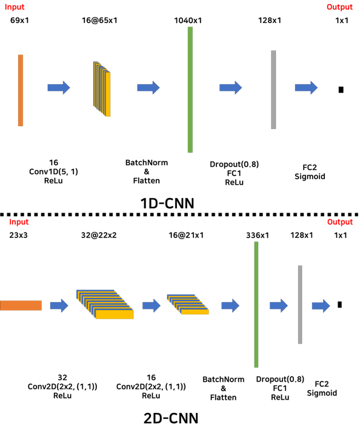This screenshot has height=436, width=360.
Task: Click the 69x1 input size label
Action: pos(19,21)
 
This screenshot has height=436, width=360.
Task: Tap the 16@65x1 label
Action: pos(99,21)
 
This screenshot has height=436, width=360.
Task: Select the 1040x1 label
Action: pos(188,21)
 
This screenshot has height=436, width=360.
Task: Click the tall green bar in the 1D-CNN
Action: pos(190,90)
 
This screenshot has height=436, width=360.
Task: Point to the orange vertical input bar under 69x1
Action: pos(21,90)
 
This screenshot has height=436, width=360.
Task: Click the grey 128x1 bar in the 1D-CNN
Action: pos(273,90)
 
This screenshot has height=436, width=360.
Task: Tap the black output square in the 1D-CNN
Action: pos(341,90)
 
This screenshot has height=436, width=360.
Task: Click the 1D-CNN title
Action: pos(167,203)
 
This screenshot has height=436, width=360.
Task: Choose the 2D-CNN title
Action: pos(171,418)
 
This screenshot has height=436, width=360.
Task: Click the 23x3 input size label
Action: pos(18,235)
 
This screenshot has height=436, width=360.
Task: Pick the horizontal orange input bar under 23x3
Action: pos(21,305)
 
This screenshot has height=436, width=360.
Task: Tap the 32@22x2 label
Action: pos(99,235)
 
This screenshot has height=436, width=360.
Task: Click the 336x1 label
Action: pos(258,236)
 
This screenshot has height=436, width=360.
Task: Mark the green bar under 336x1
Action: pos(256,305)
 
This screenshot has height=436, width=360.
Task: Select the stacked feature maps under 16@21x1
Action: pos(188,304)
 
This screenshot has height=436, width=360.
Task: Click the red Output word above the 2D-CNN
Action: pos(339,222)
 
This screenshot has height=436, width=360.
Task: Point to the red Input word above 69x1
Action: pos(15,7)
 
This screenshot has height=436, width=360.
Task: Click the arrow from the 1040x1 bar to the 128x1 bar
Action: pos(231,88)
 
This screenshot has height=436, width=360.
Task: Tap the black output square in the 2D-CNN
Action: pos(339,305)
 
